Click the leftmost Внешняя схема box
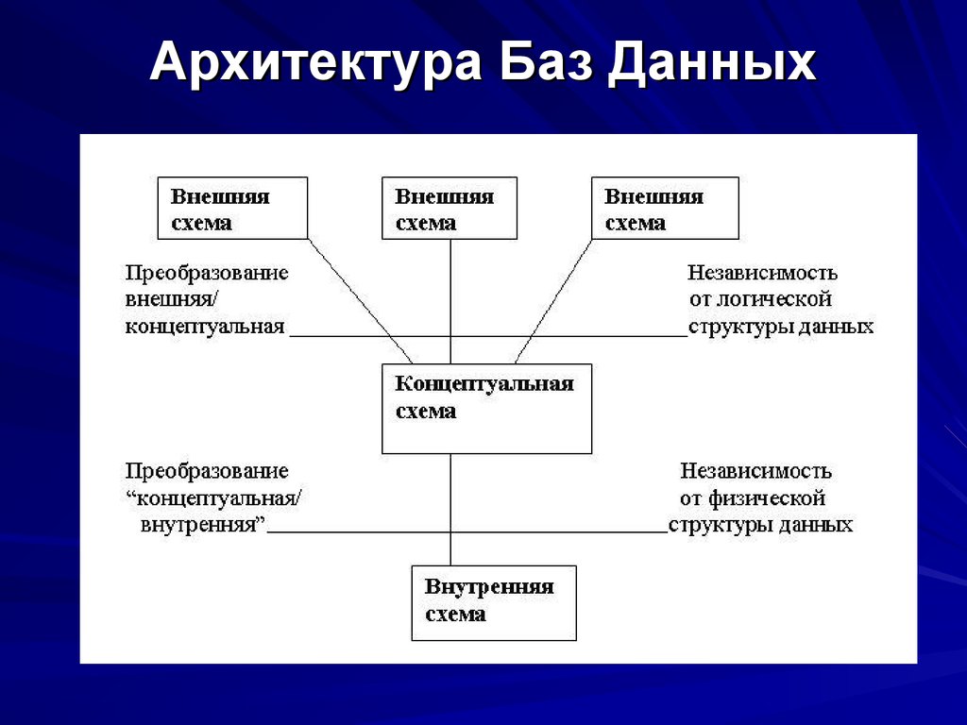232,208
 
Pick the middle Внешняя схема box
450,208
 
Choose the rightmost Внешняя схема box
665,208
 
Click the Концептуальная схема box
486,409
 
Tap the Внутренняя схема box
494,602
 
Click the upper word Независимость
762,274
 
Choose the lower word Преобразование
207,471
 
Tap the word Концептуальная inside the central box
484,384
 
